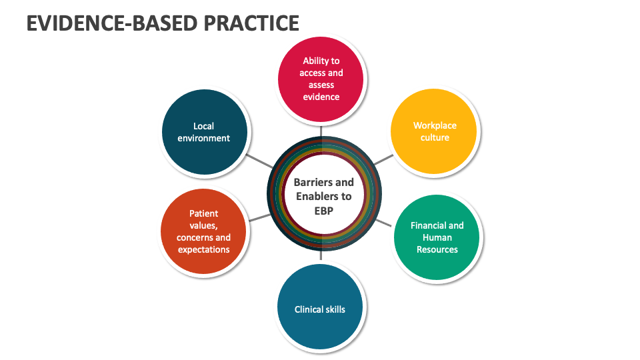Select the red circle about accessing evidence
[321, 79]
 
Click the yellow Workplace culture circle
[434, 131]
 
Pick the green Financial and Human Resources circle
[437, 237]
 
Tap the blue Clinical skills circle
[320, 309]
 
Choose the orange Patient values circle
[204, 231]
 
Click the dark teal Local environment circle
[204, 132]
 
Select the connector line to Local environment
[259, 161]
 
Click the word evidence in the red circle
[321, 97]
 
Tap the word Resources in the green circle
[437, 250]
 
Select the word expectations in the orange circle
[204, 250]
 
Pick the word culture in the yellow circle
[435, 138]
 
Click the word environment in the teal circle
[204, 139]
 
